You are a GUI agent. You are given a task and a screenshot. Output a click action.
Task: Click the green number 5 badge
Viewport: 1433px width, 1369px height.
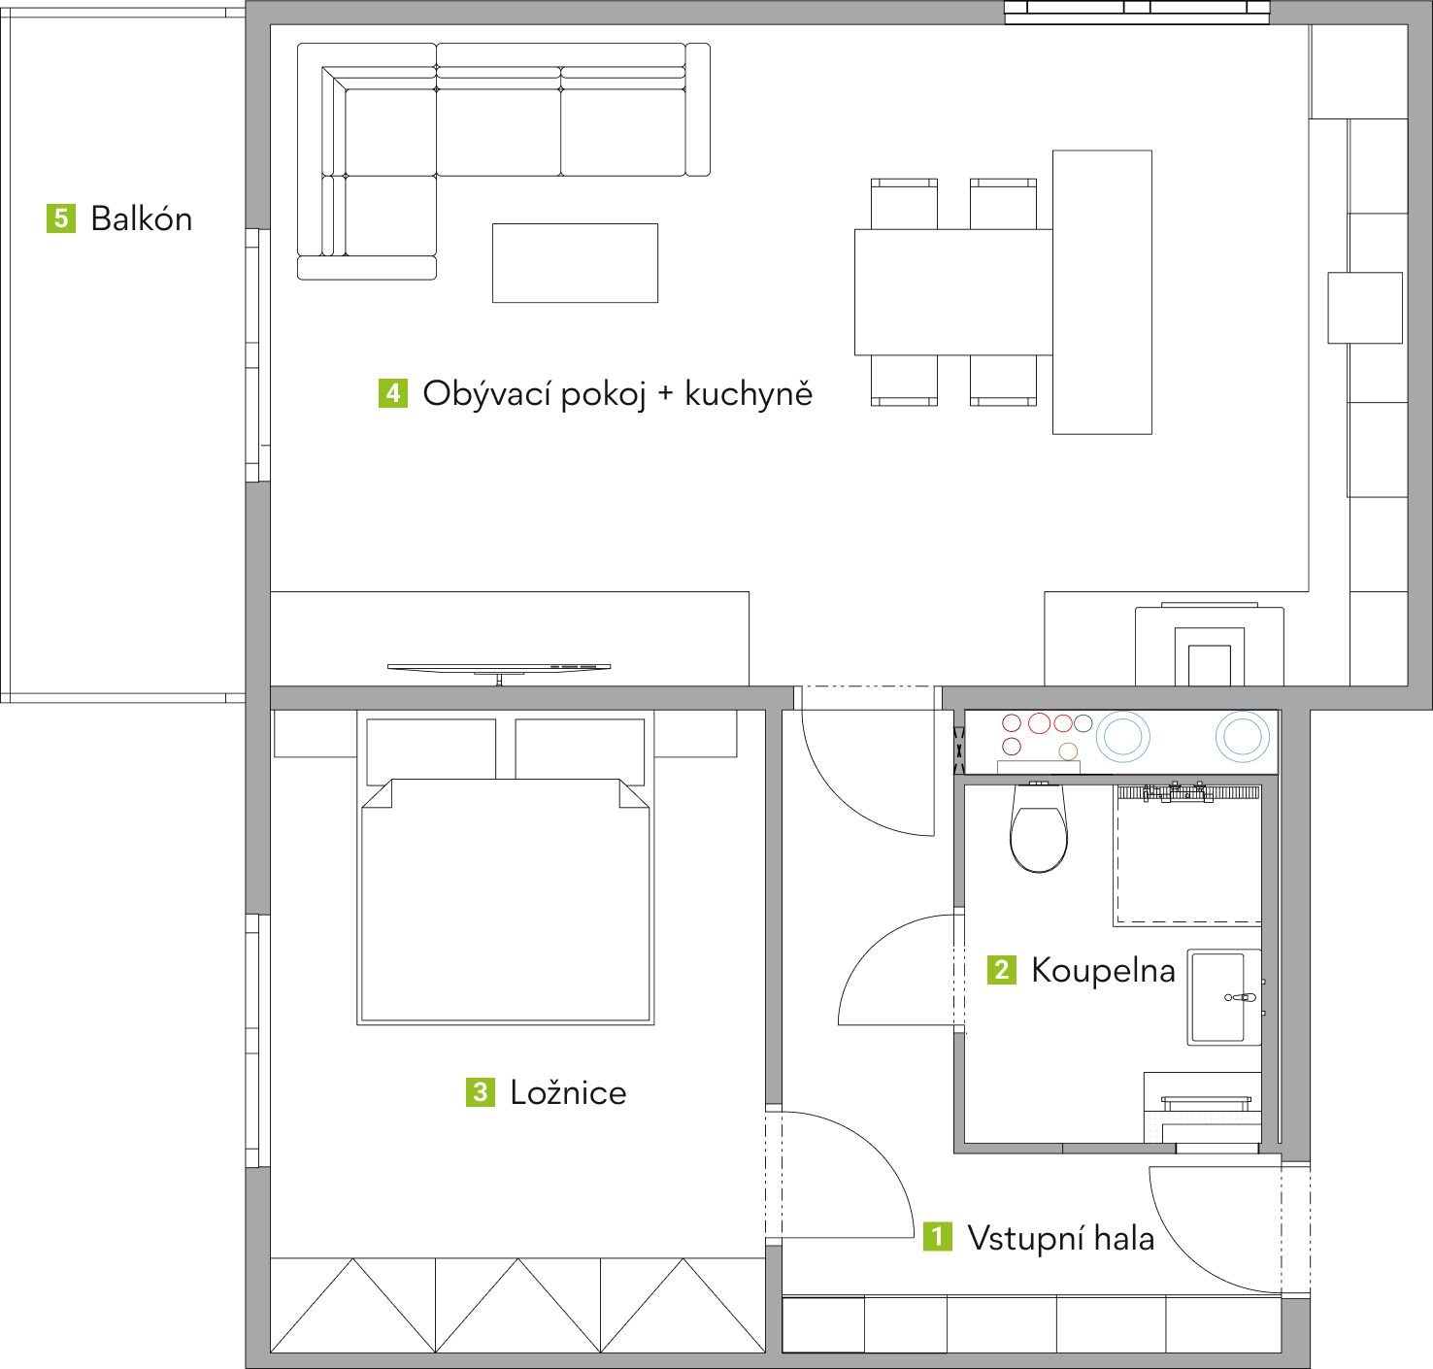[61, 218]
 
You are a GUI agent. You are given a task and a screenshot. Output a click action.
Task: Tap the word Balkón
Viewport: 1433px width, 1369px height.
[142, 218]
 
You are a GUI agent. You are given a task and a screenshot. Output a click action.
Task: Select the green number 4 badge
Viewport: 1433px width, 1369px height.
[393, 393]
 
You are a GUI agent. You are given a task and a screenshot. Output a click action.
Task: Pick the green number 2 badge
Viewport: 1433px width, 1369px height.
[1002, 970]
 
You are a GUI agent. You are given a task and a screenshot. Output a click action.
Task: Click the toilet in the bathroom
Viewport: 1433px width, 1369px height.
[1038, 828]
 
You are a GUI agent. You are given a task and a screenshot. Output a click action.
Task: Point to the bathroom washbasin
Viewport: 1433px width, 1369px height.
[1224, 997]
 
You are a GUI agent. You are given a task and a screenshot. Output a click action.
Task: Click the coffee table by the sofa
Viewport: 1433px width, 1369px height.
[575, 263]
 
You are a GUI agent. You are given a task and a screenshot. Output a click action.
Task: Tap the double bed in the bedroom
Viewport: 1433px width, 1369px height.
[505, 900]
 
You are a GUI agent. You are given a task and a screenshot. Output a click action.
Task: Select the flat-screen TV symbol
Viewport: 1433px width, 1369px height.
[499, 669]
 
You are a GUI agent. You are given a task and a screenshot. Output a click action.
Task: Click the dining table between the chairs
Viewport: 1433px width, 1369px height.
[953, 292]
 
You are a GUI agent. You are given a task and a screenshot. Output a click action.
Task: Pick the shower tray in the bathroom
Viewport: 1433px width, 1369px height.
[1187, 855]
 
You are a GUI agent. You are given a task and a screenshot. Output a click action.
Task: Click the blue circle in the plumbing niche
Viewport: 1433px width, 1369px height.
[1083, 723]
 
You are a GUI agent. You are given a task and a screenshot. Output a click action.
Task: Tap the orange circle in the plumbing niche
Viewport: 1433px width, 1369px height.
[1069, 751]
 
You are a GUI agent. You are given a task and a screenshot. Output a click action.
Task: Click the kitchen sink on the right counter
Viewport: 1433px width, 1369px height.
[1364, 308]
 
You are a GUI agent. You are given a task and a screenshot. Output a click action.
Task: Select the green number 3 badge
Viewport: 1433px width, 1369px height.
[481, 1092]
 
